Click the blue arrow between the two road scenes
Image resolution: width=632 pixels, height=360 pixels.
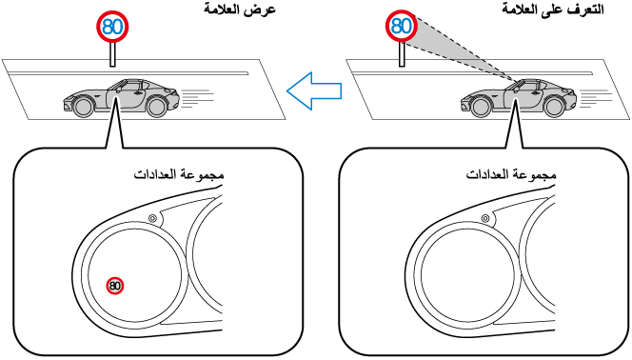313,90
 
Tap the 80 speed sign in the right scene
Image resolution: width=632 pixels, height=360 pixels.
402,27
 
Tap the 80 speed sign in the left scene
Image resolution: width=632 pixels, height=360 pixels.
112,27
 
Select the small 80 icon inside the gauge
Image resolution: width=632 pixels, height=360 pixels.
115,286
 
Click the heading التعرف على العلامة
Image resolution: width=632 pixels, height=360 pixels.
553,10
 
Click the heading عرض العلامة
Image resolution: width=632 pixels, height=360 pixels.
240,10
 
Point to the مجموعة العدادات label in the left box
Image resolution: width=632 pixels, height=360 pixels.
179,175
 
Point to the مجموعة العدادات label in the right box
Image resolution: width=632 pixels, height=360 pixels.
511,175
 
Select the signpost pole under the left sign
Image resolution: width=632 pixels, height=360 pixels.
112,54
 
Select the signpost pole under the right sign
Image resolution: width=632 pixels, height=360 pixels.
402,54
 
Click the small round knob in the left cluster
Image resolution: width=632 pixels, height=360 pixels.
152,218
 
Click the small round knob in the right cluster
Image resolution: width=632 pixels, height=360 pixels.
485,218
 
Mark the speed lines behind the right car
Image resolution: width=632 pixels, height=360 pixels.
595,98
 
